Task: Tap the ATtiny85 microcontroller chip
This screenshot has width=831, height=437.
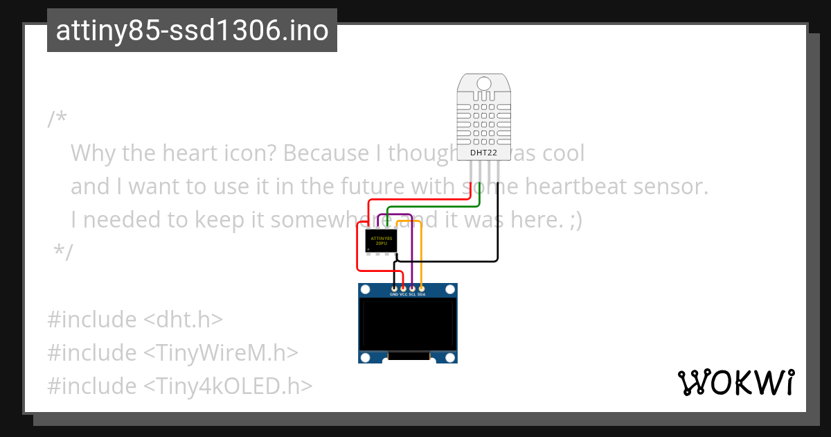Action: [x=381, y=241]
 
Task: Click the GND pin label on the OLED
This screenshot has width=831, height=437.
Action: [x=394, y=294]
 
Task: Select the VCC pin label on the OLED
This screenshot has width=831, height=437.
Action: [x=403, y=294]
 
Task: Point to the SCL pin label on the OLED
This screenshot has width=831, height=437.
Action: [x=412, y=294]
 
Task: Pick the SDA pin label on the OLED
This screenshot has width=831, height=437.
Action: [x=421, y=294]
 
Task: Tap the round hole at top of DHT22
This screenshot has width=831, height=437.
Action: [x=484, y=83]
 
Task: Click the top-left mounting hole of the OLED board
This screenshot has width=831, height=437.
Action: [x=366, y=290]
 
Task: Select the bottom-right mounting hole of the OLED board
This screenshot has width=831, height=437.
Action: [x=450, y=357]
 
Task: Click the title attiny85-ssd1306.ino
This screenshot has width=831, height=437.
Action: [x=192, y=31]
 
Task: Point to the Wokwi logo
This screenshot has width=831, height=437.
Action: [x=735, y=382]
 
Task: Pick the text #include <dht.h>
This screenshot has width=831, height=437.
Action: [x=135, y=320]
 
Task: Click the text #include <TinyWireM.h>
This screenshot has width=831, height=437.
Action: [x=172, y=352]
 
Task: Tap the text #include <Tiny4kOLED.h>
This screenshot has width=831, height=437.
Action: [x=179, y=385]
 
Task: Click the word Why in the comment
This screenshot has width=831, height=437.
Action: [x=93, y=153]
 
